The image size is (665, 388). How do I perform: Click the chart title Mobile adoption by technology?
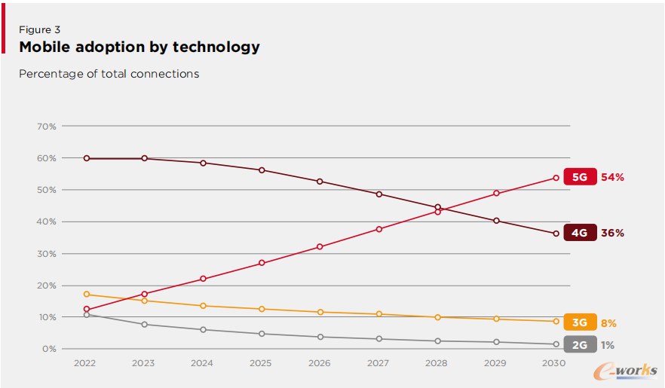139,47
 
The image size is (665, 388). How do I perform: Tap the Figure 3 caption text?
39,29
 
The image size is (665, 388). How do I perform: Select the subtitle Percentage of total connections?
109,74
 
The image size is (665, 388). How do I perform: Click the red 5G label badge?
579,178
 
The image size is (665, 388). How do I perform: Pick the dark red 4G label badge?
579,233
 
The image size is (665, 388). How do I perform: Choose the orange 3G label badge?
579,322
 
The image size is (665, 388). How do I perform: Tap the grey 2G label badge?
579,345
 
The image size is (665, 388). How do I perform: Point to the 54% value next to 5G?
612,178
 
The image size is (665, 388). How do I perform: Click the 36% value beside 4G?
612,233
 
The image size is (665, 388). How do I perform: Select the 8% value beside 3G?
608,323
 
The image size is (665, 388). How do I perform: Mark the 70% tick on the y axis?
46,127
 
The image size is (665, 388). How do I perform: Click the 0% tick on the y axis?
49,349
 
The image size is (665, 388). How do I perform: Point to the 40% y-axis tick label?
46,221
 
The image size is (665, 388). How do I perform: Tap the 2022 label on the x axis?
86,363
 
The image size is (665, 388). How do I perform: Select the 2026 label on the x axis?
320,363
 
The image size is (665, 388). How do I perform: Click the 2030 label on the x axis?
554,363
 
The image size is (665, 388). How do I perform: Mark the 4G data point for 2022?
87,158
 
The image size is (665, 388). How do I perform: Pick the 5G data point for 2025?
262,263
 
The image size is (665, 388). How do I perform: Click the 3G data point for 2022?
87,294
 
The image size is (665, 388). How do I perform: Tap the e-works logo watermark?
625,370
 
